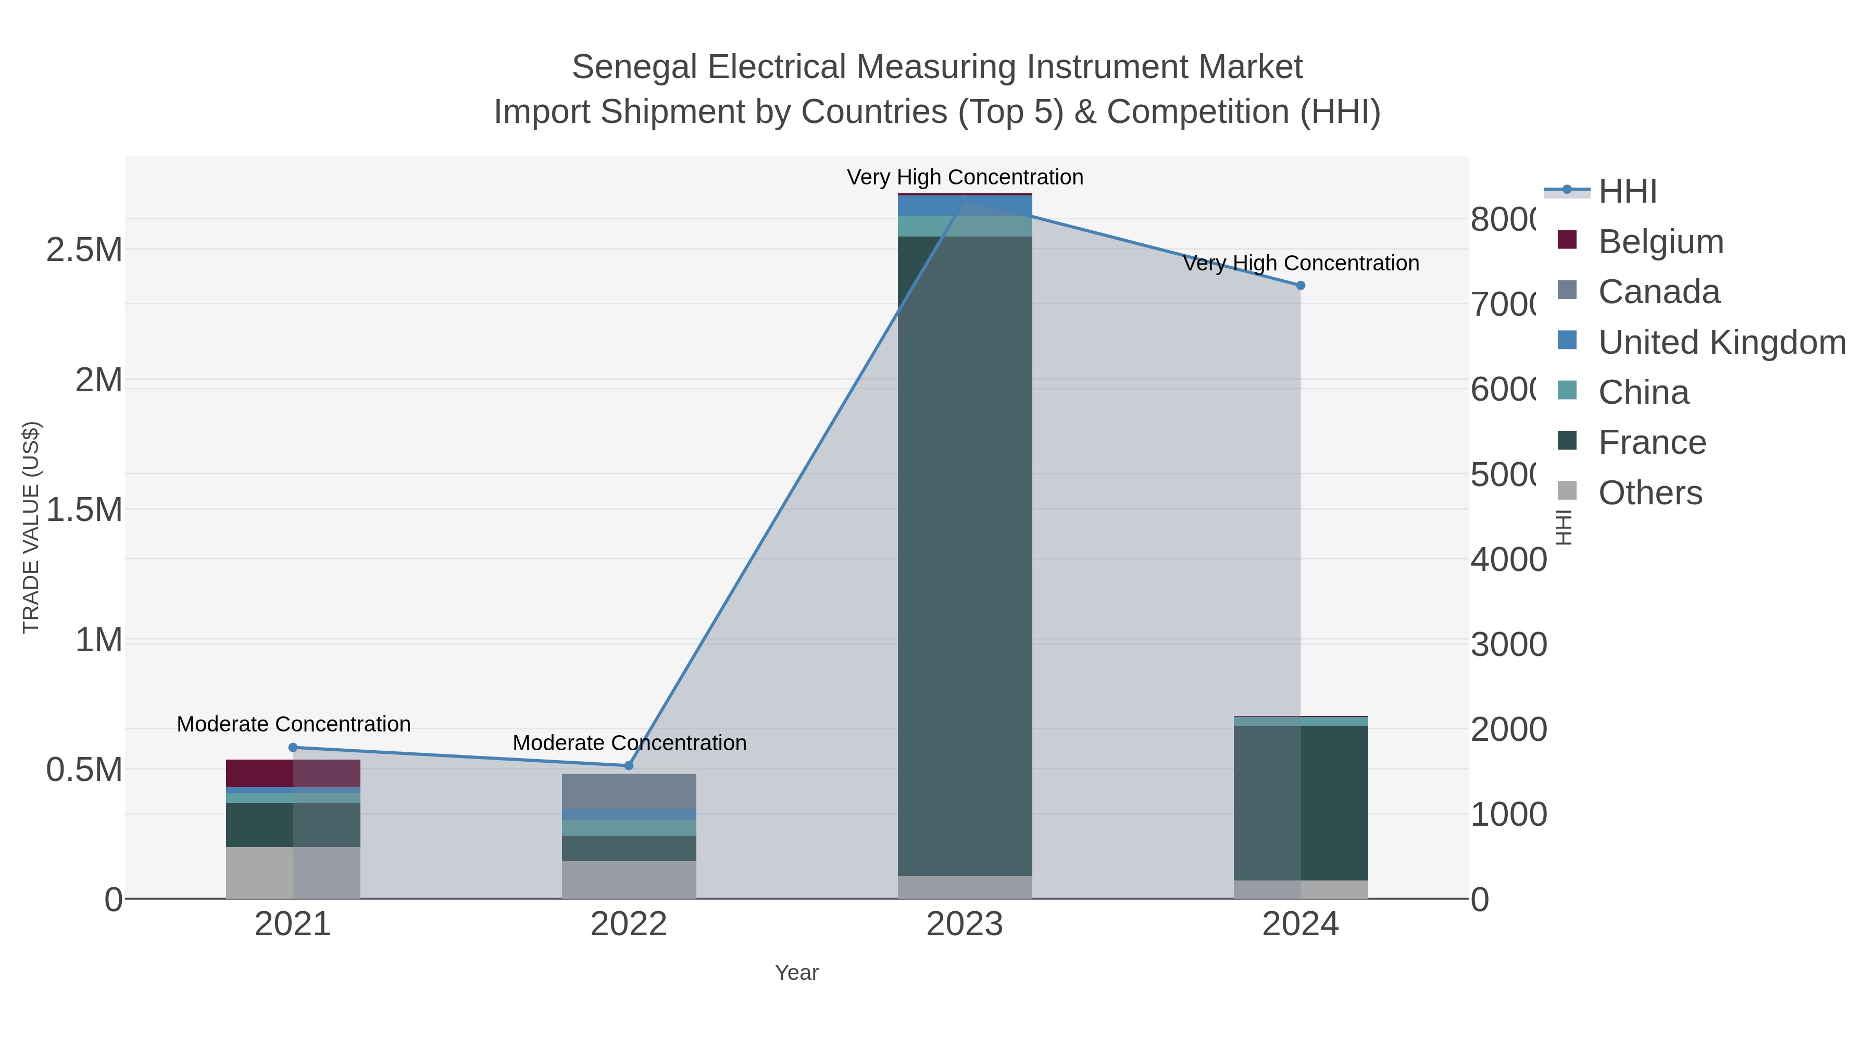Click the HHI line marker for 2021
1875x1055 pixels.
coord(293,747)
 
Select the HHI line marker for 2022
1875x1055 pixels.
coord(629,765)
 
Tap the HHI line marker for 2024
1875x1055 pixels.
coord(1301,286)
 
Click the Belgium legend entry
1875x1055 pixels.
coord(1660,242)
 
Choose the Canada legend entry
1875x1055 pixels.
coord(1659,292)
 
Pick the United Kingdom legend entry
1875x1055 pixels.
coord(1721,342)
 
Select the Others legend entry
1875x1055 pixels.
coord(1649,493)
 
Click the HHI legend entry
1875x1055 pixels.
coord(1628,192)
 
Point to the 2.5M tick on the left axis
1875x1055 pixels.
coord(84,250)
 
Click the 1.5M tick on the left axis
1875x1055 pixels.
coord(84,510)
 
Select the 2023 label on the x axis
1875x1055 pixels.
coord(965,925)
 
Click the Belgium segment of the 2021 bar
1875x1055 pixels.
coord(293,773)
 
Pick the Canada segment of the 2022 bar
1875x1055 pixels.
coord(629,791)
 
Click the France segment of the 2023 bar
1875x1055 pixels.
coord(965,553)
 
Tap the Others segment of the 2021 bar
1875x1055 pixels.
coord(293,872)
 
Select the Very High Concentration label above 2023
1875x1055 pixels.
coord(965,177)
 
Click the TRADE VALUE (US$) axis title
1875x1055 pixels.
coord(31,527)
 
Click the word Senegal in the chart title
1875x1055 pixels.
coord(634,67)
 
